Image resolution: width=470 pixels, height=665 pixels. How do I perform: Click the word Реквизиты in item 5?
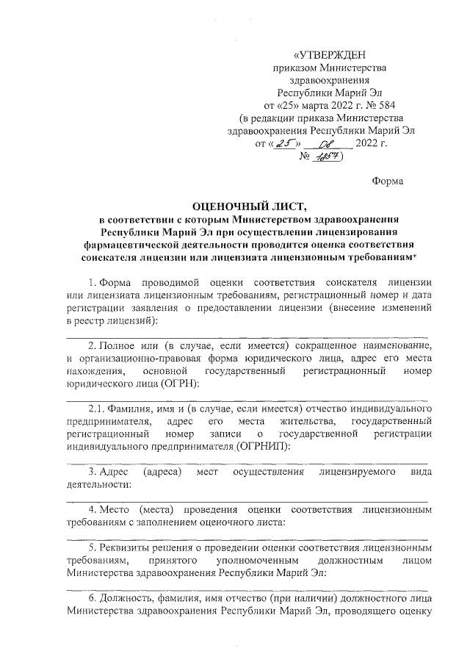tap(131, 549)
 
